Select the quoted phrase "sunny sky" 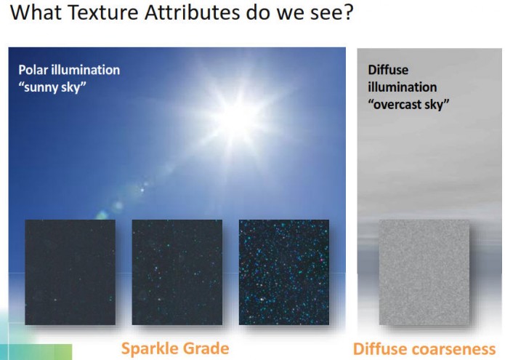52,87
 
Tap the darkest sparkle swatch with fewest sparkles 70,272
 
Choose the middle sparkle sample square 177,272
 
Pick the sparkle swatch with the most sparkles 283,272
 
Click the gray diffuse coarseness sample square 424,272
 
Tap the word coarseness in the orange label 453,349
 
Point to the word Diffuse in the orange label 380,349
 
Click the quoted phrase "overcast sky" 408,105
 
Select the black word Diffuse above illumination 388,70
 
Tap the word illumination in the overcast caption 403,87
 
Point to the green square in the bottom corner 63,352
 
